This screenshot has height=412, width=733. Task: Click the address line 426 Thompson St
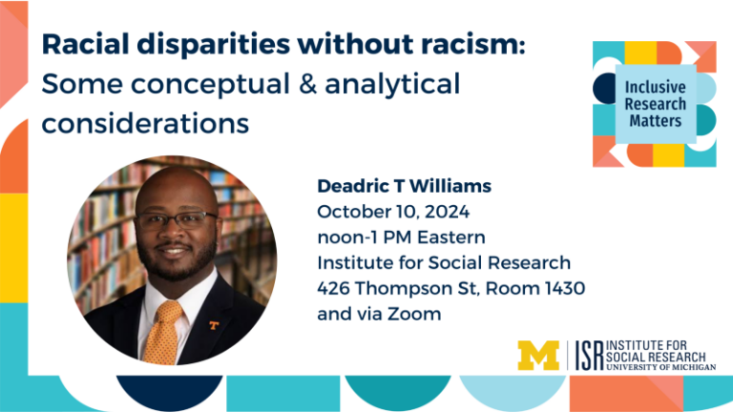[x=450, y=288]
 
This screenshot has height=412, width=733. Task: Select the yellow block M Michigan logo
[x=538, y=356]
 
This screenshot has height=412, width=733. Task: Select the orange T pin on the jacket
[x=214, y=325]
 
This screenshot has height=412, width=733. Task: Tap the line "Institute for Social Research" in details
[x=444, y=262]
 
